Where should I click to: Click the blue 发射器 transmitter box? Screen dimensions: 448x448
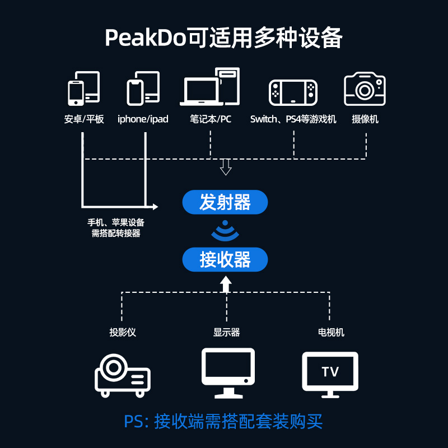(x=225, y=202)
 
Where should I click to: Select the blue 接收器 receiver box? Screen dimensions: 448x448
(x=225, y=260)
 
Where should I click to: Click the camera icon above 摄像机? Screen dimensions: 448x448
(x=365, y=89)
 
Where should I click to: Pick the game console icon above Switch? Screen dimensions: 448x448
(x=293, y=92)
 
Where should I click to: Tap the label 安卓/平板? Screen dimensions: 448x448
(x=84, y=119)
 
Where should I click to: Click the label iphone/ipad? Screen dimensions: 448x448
(x=143, y=119)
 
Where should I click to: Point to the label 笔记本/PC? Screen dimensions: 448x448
(x=211, y=119)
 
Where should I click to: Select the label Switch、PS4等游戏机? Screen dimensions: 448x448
(x=293, y=119)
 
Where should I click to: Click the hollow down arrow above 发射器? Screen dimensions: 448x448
(x=225, y=166)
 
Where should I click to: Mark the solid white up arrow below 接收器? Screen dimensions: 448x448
(x=225, y=285)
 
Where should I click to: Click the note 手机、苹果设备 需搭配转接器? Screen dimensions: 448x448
(x=116, y=228)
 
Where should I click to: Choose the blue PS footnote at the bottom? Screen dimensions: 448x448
(x=223, y=421)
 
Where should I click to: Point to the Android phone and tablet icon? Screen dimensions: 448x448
(x=84, y=88)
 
